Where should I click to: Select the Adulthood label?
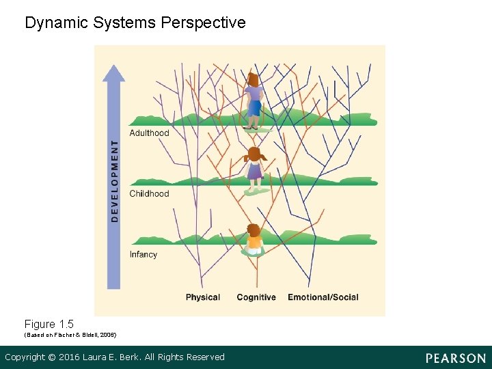pyautogui.click(x=149, y=133)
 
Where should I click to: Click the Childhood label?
pyautogui.click(x=149, y=193)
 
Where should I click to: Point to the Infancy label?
pyautogui.click(x=143, y=254)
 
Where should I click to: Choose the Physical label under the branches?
pyautogui.click(x=203, y=297)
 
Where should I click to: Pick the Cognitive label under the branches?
pyautogui.click(x=256, y=297)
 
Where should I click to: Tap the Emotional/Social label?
pyautogui.click(x=323, y=297)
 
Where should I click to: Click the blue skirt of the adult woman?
pyautogui.click(x=254, y=108)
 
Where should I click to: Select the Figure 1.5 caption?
pyautogui.click(x=49, y=324)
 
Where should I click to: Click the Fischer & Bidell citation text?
pyautogui.click(x=70, y=335)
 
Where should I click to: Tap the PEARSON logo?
pyautogui.click(x=456, y=358)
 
